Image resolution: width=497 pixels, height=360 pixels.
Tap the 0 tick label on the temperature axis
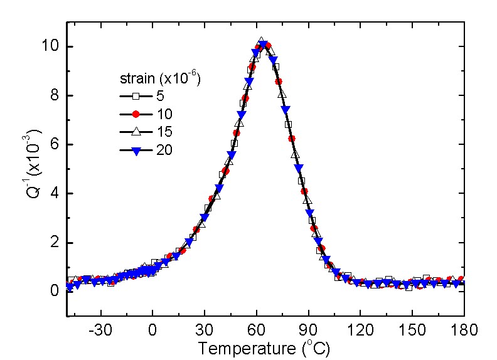[152, 330]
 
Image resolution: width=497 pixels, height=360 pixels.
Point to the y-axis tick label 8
[56, 96]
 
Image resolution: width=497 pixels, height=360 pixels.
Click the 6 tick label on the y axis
[56, 145]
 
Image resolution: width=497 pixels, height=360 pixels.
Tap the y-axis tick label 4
[56, 194]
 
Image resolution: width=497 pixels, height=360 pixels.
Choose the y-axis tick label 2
[56, 243]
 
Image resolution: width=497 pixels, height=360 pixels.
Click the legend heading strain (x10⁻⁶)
[160, 79]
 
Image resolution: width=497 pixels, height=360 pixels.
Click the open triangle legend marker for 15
[135, 132]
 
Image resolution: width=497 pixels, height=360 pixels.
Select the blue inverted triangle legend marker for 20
[135, 149]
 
